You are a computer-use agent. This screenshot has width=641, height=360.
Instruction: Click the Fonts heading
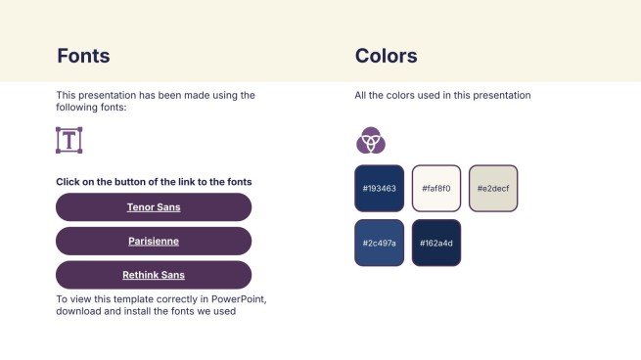pyautogui.click(x=83, y=56)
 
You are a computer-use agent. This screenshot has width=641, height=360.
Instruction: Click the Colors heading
pyautogui.click(x=386, y=56)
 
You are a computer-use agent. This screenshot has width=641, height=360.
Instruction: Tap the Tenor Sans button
pyautogui.click(x=154, y=207)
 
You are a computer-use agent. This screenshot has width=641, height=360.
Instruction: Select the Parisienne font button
pyautogui.click(x=154, y=241)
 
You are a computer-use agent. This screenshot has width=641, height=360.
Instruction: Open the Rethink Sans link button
pyautogui.click(x=154, y=275)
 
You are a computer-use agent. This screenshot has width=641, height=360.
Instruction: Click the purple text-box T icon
pyautogui.click(x=69, y=140)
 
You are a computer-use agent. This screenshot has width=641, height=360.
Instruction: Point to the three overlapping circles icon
pyautogui.click(x=370, y=141)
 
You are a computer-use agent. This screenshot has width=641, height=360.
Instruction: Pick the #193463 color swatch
pyautogui.click(x=379, y=188)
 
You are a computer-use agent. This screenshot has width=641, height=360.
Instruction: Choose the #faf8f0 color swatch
pyautogui.click(x=435, y=188)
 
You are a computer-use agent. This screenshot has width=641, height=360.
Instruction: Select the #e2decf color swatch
pyautogui.click(x=493, y=188)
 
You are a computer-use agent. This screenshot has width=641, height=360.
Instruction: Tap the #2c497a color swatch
pyautogui.click(x=379, y=243)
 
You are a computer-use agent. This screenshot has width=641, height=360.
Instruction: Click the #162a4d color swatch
pyautogui.click(x=435, y=243)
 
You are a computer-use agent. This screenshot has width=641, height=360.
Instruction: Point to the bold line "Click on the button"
pyautogui.click(x=154, y=182)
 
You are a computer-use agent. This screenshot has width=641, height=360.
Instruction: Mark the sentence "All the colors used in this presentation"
pyautogui.click(x=442, y=96)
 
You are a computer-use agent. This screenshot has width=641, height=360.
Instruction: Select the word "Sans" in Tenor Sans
pyautogui.click(x=168, y=207)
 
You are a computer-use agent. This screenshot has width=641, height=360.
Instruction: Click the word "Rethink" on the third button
pyautogui.click(x=140, y=275)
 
